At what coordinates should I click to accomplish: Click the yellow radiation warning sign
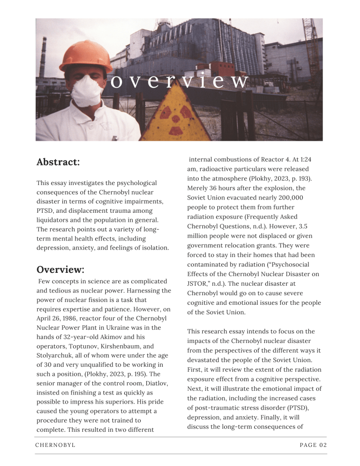(175, 117)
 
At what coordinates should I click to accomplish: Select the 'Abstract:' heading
(58, 162)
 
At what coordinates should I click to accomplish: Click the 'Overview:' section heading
(60, 269)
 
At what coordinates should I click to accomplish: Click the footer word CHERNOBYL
(55, 445)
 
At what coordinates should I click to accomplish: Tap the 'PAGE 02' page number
(313, 445)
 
